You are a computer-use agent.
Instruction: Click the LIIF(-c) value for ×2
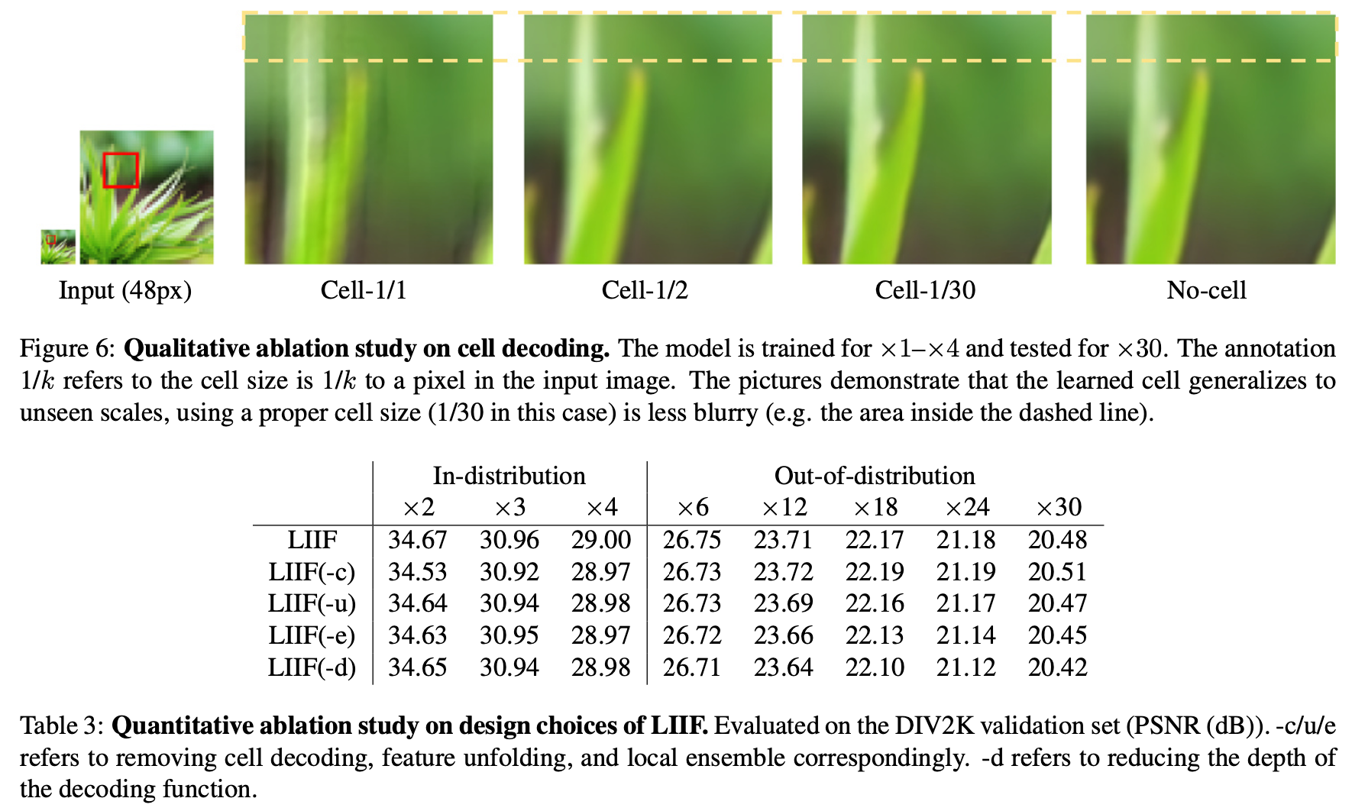pyautogui.click(x=417, y=572)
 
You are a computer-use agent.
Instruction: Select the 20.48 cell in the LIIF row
pyautogui.click(x=1057, y=540)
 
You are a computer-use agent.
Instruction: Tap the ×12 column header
pyautogui.click(x=784, y=507)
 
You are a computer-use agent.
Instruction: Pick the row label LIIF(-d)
pyautogui.click(x=312, y=667)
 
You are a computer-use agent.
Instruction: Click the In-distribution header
pyautogui.click(x=509, y=476)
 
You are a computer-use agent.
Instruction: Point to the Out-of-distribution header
pyautogui.click(x=875, y=476)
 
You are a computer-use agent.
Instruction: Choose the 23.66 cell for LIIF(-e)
pyautogui.click(x=784, y=635)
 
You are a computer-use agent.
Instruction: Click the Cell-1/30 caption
pyautogui.click(x=925, y=290)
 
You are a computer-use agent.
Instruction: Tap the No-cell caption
pyautogui.click(x=1206, y=290)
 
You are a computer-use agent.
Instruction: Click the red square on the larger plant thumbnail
pyautogui.click(x=121, y=170)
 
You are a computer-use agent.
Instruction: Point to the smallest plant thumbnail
pyautogui.click(x=58, y=247)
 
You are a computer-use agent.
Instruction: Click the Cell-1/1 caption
pyautogui.click(x=364, y=290)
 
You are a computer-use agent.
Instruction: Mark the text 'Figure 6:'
pyautogui.click(x=67, y=349)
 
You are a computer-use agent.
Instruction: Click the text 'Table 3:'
pyautogui.click(x=61, y=725)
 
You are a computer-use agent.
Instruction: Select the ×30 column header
pyautogui.click(x=1057, y=507)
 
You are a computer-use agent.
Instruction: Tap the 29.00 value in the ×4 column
pyautogui.click(x=601, y=540)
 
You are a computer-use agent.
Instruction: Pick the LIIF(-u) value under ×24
pyautogui.click(x=966, y=603)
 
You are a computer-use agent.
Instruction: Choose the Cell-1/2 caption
pyautogui.click(x=645, y=290)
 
